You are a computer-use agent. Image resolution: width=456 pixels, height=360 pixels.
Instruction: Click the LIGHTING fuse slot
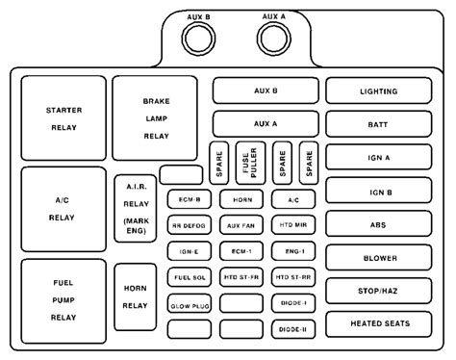click(377, 90)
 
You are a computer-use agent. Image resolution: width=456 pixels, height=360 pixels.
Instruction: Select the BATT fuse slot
click(377, 124)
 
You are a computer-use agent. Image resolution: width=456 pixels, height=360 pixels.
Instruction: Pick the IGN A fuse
click(377, 157)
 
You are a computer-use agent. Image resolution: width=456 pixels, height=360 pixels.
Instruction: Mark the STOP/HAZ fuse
click(377, 290)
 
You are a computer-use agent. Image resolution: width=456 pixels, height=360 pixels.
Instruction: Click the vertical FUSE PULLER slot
click(250, 164)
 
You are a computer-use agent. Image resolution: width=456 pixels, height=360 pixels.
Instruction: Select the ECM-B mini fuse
click(188, 199)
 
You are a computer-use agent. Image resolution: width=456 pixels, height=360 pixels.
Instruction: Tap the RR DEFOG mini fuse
click(188, 225)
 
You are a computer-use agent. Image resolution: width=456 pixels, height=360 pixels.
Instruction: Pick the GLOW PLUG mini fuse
click(188, 303)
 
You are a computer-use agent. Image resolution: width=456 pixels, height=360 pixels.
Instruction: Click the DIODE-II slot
click(291, 329)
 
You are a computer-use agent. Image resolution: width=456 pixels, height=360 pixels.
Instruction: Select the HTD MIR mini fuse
click(291, 225)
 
